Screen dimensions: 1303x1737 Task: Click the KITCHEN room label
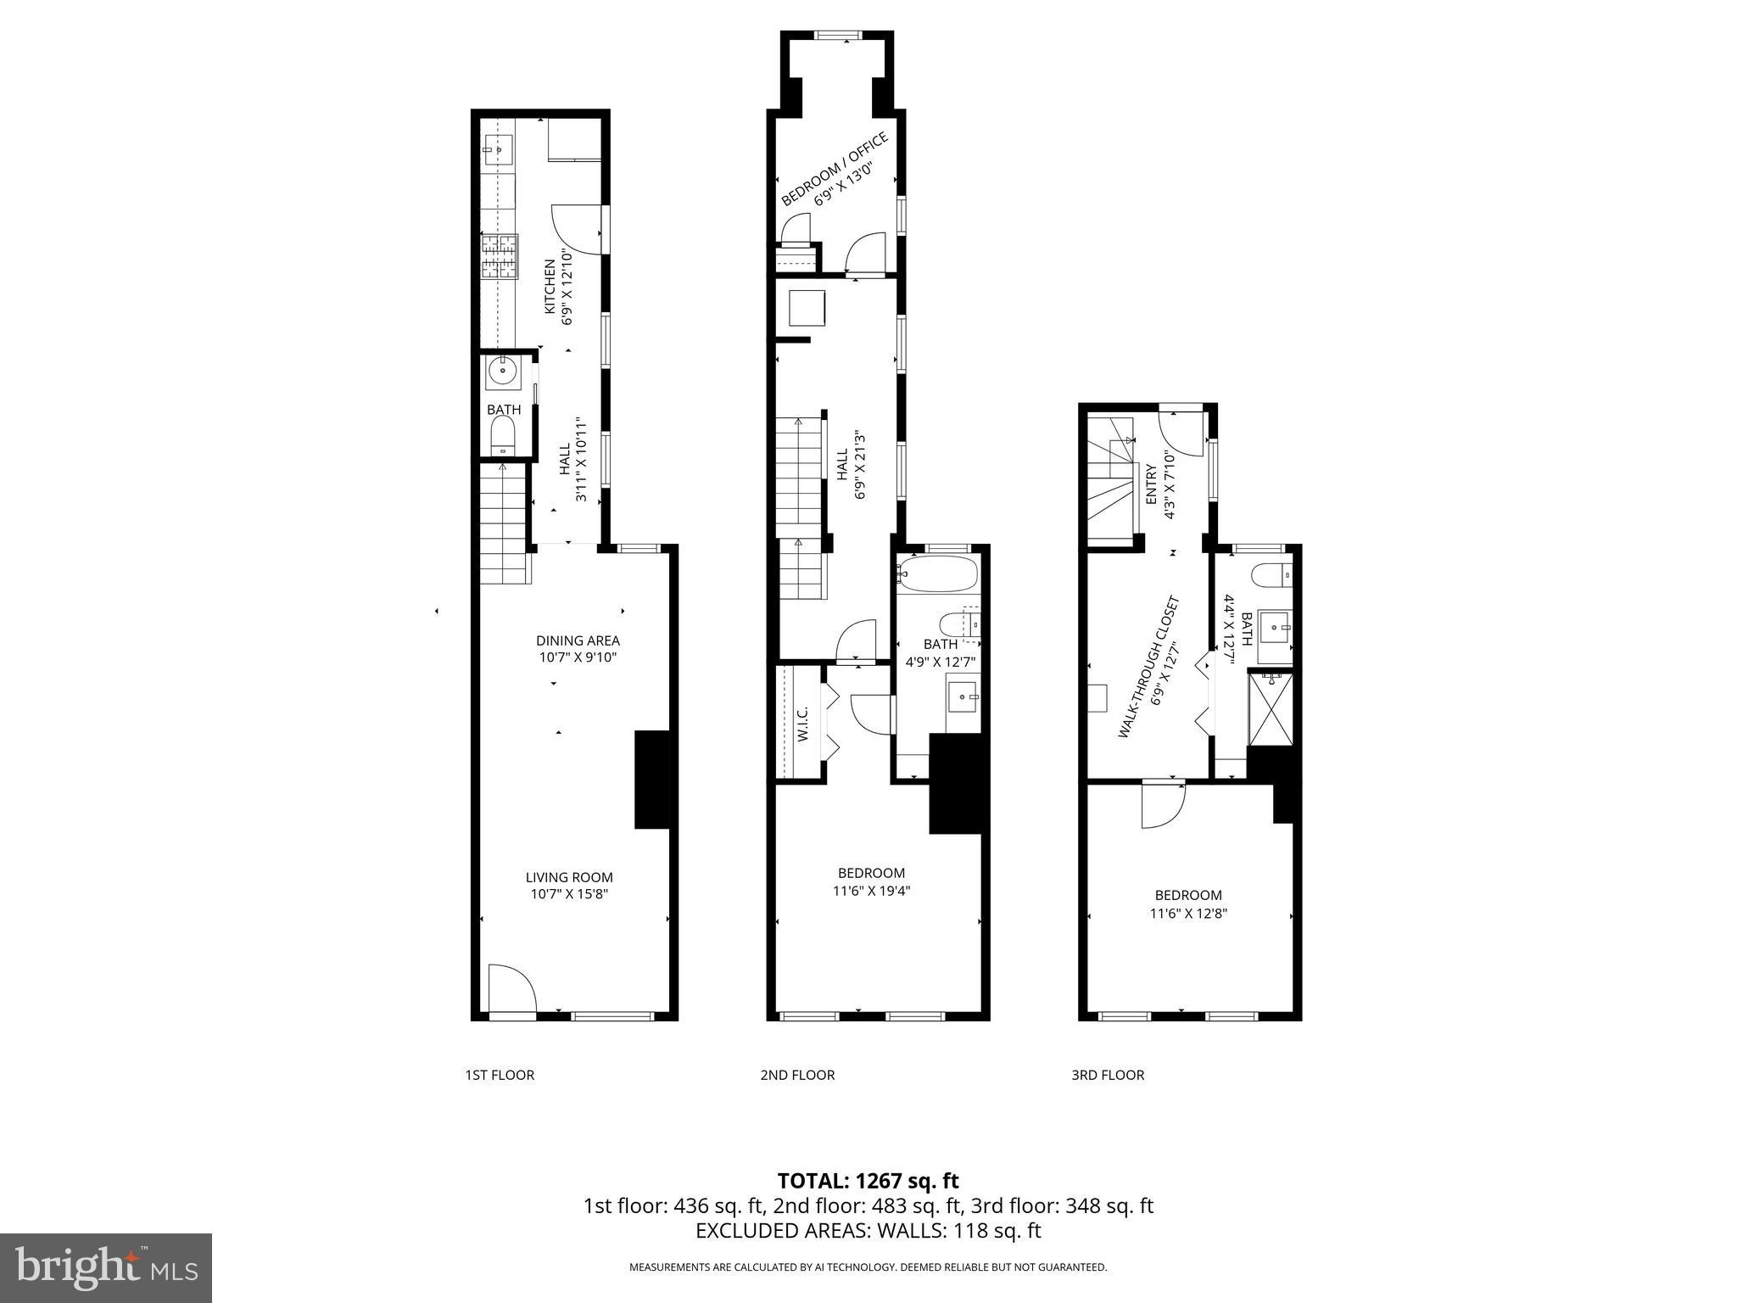coord(550,289)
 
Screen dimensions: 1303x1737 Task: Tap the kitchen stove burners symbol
coord(500,257)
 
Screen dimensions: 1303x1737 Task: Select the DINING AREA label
coord(578,640)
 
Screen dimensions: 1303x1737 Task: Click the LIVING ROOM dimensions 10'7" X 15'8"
coord(568,894)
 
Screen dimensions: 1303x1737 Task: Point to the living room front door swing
coord(512,988)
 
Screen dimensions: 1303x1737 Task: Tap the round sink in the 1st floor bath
coord(503,371)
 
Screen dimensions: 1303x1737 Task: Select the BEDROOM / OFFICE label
coord(834,168)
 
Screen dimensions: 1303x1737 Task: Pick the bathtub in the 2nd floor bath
coord(938,574)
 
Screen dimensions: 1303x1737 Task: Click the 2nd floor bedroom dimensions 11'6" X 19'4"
coord(871,891)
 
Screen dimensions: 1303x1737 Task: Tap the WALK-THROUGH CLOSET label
coord(1148,667)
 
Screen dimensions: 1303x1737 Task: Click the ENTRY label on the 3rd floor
coord(1151,484)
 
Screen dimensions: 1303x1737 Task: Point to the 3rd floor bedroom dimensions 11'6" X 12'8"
coord(1188,914)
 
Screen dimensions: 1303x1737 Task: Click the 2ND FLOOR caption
coord(796,1075)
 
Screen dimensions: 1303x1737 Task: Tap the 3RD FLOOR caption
coord(1107,1075)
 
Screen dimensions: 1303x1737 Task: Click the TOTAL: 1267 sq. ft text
coord(868,1181)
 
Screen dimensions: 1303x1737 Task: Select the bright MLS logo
coord(105,1267)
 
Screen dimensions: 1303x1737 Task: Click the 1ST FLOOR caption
coord(499,1075)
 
